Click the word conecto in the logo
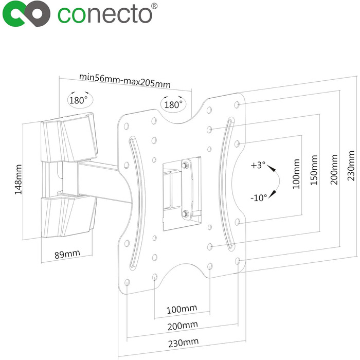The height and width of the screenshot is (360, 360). (x=104, y=15)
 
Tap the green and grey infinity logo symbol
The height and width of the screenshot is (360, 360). (x=26, y=14)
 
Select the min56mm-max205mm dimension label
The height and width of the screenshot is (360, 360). (x=125, y=81)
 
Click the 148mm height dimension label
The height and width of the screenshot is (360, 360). (x=18, y=179)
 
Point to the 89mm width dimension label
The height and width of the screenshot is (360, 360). (x=67, y=254)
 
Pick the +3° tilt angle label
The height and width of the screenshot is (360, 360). (x=258, y=165)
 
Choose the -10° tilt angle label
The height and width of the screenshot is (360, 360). (x=259, y=197)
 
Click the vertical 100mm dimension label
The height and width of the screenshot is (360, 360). (x=296, y=174)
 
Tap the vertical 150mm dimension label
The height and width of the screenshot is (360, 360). (x=314, y=170)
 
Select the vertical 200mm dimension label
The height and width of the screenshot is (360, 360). (x=334, y=169)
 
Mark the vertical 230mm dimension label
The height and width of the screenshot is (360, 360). (x=351, y=166)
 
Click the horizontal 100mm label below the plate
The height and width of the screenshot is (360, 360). (x=182, y=309)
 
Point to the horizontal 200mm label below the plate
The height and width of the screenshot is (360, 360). (x=183, y=326)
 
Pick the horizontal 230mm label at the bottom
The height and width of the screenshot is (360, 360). (x=183, y=343)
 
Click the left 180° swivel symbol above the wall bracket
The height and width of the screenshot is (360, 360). (x=80, y=99)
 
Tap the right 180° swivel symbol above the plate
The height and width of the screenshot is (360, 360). (x=173, y=104)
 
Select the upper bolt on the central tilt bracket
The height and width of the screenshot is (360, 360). (x=184, y=165)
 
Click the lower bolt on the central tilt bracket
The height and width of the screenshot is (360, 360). (x=184, y=214)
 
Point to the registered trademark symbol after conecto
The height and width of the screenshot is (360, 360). (x=154, y=6)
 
